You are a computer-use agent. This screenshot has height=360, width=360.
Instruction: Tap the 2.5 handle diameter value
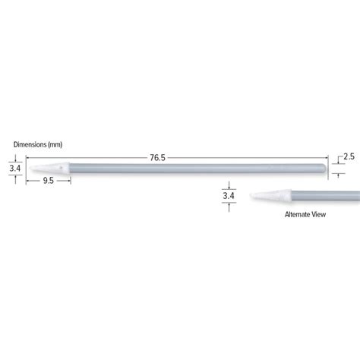coord(349,156)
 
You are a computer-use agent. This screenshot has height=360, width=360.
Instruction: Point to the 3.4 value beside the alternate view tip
coord(229,196)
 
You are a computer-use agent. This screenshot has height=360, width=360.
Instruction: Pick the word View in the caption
coord(319,215)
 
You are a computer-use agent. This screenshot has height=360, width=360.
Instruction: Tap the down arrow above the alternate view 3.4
coord(229,186)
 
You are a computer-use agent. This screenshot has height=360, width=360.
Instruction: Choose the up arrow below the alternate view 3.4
coord(229,206)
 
